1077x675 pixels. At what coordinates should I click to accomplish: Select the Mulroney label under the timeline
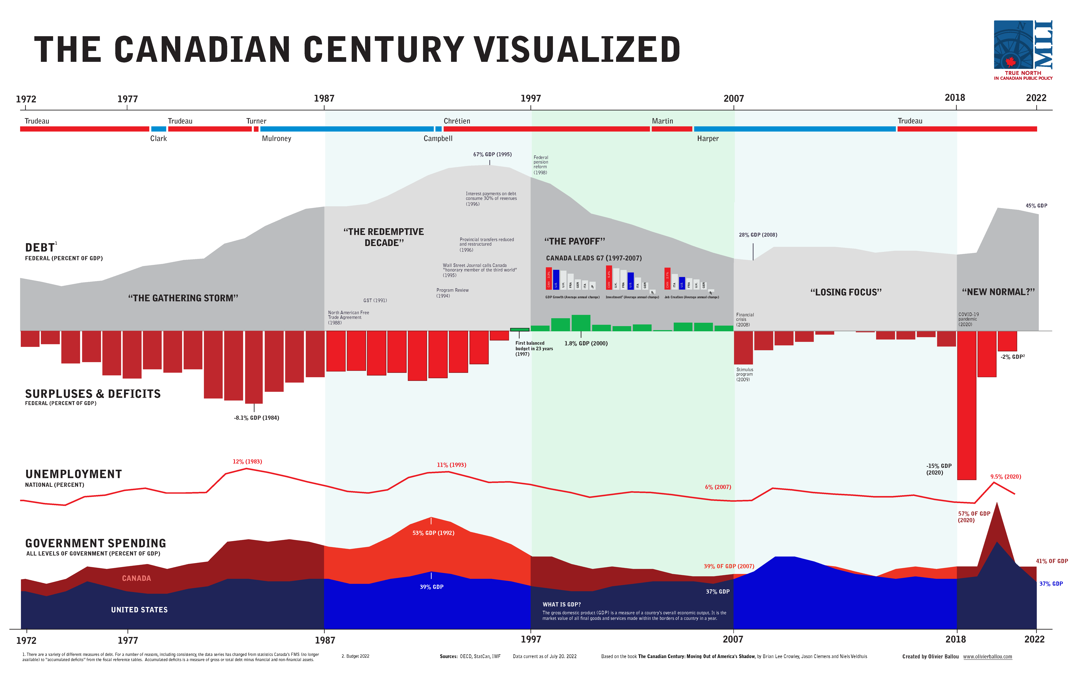click(276, 138)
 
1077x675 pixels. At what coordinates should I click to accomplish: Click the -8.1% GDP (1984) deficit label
click(256, 418)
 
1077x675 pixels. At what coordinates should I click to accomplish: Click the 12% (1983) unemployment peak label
click(247, 462)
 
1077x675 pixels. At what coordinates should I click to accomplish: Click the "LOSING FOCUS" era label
click(846, 292)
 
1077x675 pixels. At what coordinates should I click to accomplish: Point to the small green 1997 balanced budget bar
click(520, 329)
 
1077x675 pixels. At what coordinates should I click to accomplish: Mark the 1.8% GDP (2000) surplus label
click(586, 343)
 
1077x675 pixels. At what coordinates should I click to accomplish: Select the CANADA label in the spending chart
click(137, 578)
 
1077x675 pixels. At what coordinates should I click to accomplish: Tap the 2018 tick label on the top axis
click(955, 98)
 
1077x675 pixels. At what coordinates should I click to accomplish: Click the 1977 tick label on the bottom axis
click(128, 640)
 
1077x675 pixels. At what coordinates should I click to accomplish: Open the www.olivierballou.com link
click(987, 657)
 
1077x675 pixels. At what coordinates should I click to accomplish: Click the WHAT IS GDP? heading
click(561, 604)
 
